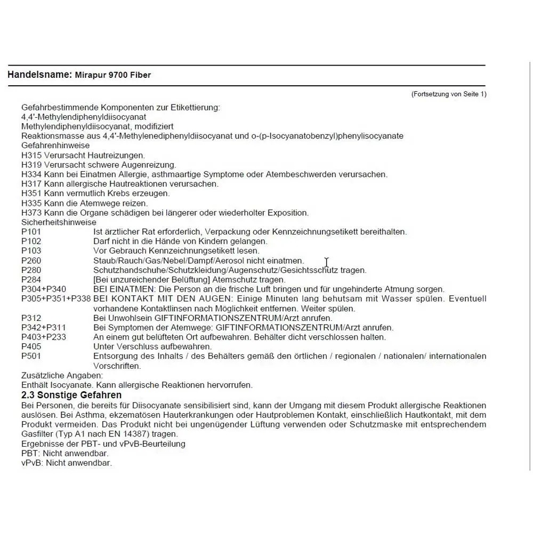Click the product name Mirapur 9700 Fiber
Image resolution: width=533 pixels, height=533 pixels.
point(112,75)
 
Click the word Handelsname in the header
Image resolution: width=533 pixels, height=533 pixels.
point(39,75)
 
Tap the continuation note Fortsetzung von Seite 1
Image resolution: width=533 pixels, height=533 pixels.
point(449,94)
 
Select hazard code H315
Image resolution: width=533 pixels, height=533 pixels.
point(31,155)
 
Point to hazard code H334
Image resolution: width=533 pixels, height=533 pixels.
point(31,174)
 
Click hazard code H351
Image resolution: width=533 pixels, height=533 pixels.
point(31,193)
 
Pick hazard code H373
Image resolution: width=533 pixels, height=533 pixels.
point(31,213)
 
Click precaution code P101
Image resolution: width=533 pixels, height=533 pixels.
point(31,232)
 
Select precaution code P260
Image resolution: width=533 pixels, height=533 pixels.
point(31,261)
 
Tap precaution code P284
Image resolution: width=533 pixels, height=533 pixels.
point(31,280)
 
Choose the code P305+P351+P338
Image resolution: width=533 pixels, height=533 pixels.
point(56,299)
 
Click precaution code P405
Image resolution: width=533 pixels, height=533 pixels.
point(31,346)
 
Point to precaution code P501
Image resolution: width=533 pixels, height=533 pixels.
point(31,356)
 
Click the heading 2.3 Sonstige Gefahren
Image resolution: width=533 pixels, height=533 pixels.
point(71,395)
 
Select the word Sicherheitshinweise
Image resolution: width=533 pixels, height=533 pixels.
point(59,222)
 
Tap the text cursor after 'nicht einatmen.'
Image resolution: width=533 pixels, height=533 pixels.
point(326,262)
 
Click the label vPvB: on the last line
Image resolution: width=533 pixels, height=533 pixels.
point(33,463)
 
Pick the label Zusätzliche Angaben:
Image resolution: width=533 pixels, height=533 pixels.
point(62,375)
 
